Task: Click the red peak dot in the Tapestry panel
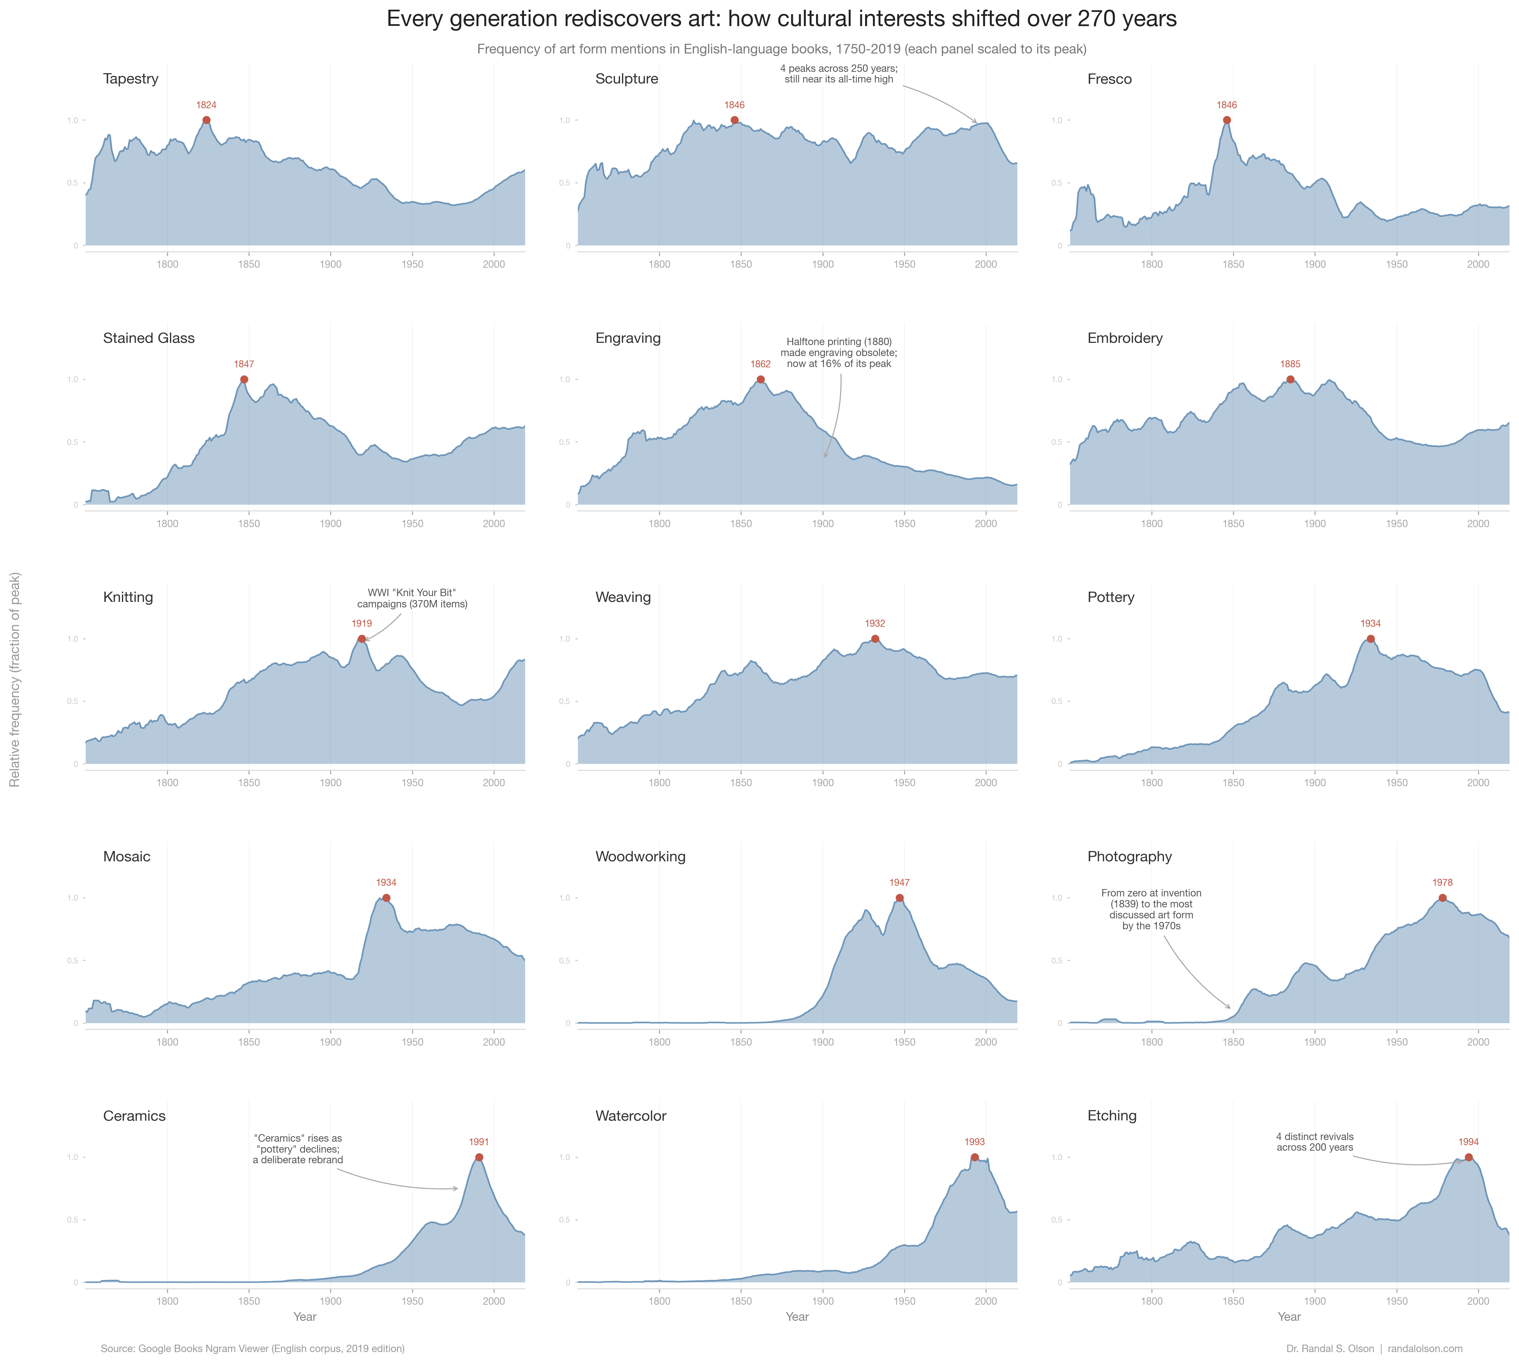click(x=206, y=120)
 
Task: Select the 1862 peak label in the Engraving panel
click(x=760, y=364)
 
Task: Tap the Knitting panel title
click(x=128, y=597)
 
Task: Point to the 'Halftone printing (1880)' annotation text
click(x=839, y=353)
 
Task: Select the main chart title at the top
click(x=781, y=19)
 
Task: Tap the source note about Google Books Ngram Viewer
click(x=253, y=1348)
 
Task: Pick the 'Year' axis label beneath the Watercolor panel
click(x=797, y=1317)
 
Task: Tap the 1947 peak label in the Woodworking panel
click(x=899, y=883)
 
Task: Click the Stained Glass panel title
click(x=148, y=338)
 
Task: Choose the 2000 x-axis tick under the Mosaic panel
click(x=493, y=1042)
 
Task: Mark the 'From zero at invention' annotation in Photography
click(x=1151, y=909)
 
